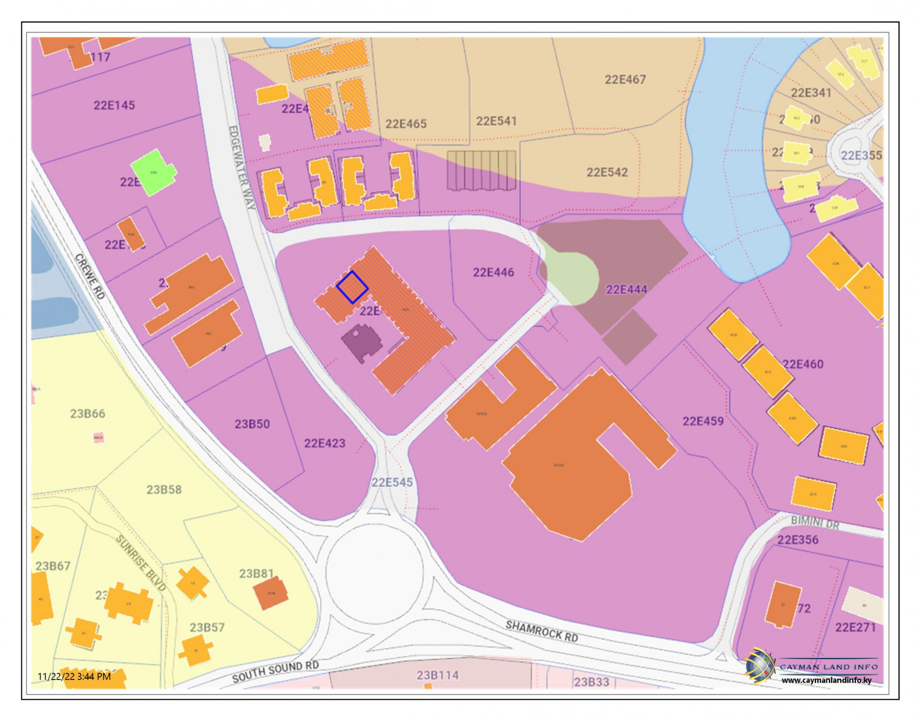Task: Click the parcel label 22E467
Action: tap(625, 80)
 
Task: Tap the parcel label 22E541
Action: tap(496, 121)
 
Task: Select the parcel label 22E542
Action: tap(606, 173)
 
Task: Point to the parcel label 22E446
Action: tap(493, 272)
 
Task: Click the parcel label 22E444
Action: tap(626, 289)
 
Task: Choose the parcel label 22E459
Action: tap(702, 421)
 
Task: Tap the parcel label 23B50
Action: tap(252, 424)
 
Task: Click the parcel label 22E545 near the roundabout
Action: tap(392, 483)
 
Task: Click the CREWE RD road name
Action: tap(90, 276)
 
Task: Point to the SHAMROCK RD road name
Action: tap(541, 631)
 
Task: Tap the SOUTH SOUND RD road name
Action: tap(275, 672)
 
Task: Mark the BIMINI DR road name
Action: tap(814, 523)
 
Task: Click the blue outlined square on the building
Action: tap(352, 287)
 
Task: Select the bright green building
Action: tap(153, 173)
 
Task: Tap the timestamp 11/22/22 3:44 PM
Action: tap(74, 676)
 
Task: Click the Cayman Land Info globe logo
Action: tap(759, 666)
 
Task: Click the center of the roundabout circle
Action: tap(374, 573)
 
